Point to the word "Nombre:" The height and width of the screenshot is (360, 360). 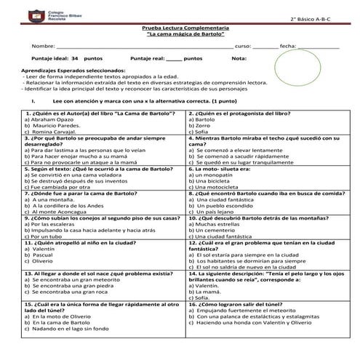(44, 46)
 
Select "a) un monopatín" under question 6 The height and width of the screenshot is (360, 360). (217, 176)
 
